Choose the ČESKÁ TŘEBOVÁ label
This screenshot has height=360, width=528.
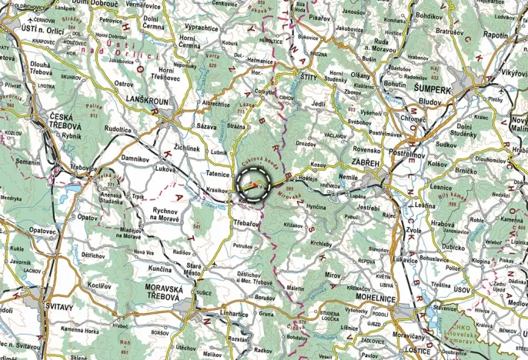point(48,121)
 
